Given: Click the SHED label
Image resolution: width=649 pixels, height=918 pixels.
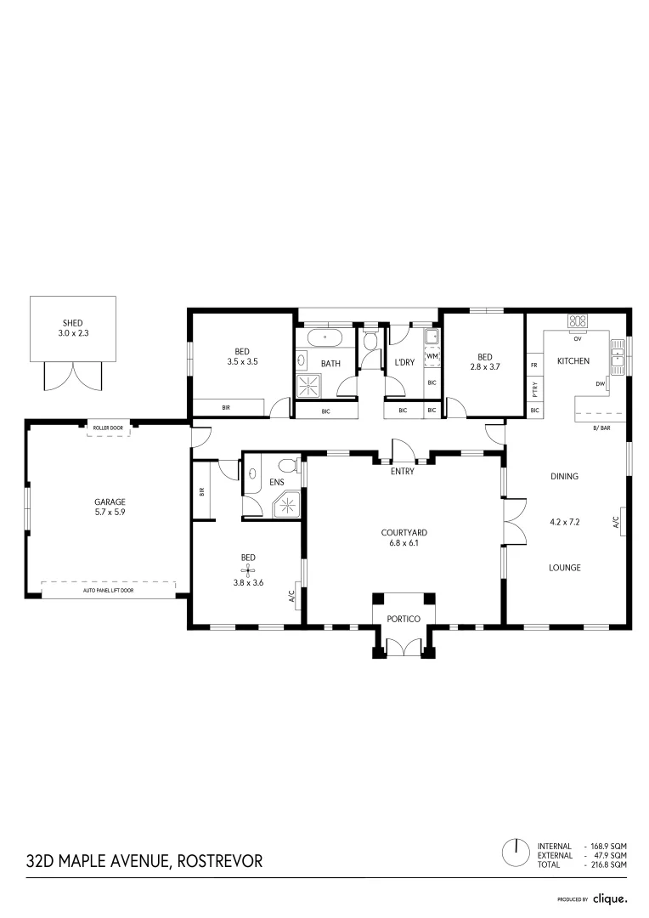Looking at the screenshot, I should (72, 324).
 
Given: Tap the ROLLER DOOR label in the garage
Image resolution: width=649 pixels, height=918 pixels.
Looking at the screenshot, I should (108, 428).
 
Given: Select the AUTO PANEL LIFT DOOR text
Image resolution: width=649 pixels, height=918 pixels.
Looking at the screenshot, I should (108, 590).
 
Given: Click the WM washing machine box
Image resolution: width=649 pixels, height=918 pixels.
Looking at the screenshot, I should (432, 356).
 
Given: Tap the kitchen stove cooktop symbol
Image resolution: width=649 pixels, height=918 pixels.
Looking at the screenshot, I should (578, 321).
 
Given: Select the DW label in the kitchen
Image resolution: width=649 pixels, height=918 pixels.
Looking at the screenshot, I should (600, 383).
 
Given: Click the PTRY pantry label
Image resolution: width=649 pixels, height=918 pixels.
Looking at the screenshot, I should (534, 389).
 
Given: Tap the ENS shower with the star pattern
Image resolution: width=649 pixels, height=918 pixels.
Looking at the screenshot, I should (288, 506).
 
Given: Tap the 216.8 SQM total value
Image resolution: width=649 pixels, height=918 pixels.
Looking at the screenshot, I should (609, 864).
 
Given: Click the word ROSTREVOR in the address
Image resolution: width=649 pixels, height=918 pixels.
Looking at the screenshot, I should (219, 861).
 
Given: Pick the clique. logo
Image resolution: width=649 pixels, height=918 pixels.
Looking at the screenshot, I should (609, 898).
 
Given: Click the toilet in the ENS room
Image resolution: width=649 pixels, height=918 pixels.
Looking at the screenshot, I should (287, 467).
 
